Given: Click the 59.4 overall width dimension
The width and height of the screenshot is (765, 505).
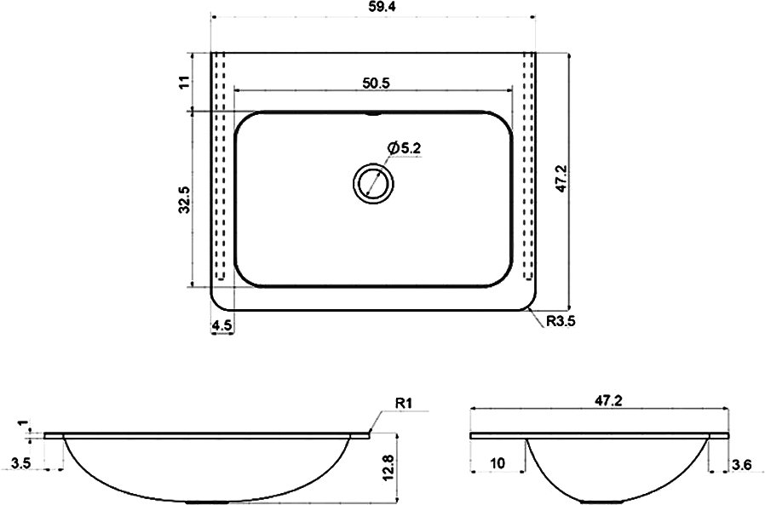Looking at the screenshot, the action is [x=374, y=7].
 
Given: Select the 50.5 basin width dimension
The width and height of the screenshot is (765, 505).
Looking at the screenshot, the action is [x=377, y=83].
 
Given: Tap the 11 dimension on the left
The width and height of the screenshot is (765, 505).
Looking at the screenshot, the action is [x=184, y=82].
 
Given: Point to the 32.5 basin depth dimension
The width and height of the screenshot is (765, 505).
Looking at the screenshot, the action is [x=184, y=199].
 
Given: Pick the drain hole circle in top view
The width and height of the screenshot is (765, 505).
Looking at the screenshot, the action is [x=373, y=183].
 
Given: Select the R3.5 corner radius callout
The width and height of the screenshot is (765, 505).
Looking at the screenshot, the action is [x=561, y=320].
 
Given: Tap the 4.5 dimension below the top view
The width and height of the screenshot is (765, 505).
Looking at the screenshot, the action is [x=222, y=325].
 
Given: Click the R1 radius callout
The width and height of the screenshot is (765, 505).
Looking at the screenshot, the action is [x=404, y=403].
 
